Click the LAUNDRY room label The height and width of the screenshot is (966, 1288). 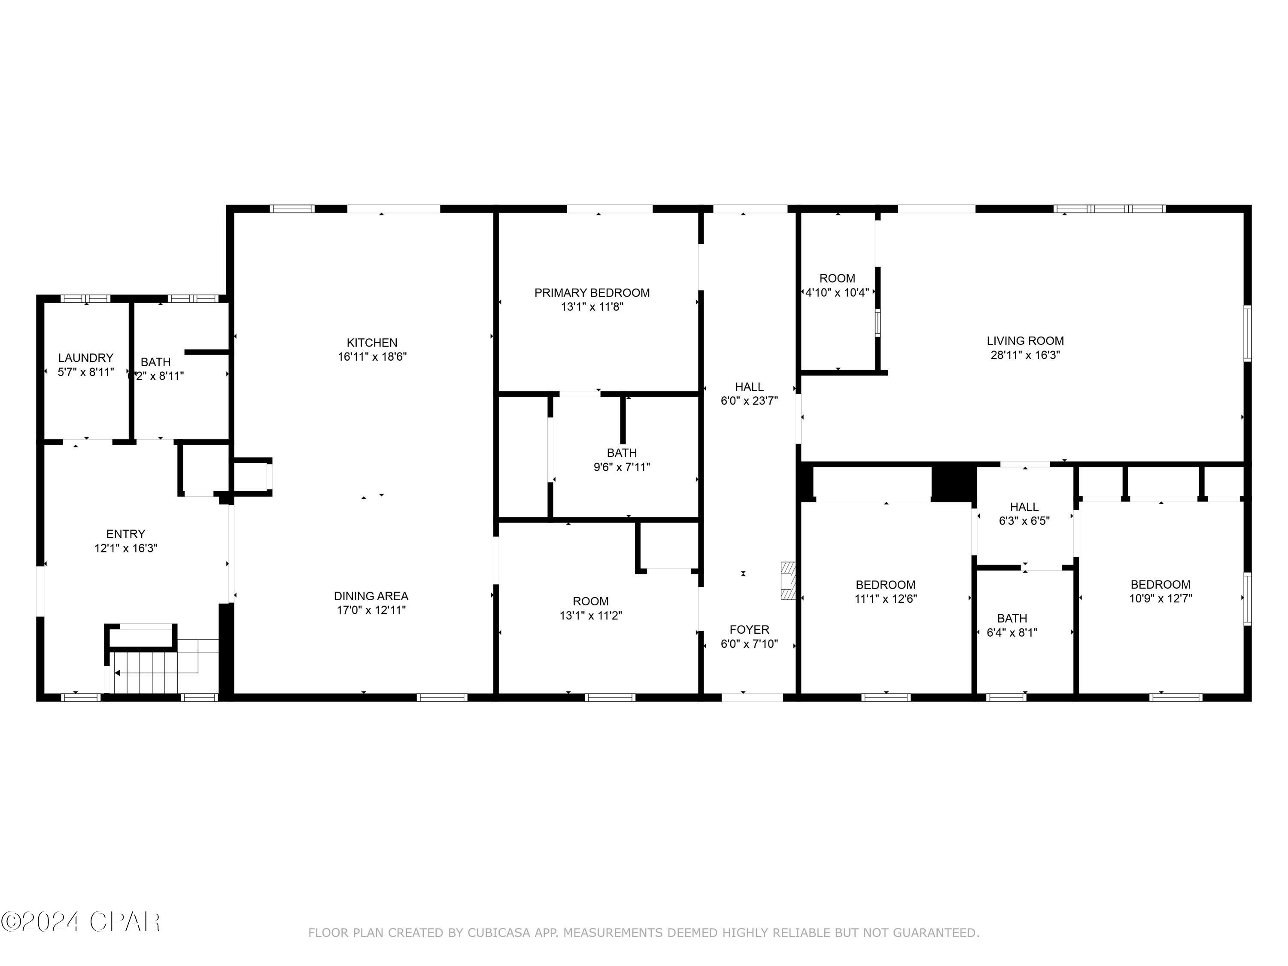pyautogui.click(x=85, y=358)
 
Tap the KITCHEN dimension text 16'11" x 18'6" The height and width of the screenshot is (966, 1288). pyautogui.click(x=372, y=357)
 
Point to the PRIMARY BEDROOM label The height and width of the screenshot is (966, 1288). pyautogui.click(x=592, y=293)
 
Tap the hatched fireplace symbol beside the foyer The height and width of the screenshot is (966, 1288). pyautogui.click(x=788, y=580)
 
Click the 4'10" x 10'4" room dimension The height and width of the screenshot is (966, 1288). pyautogui.click(x=837, y=293)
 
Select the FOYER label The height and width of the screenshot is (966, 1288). pyautogui.click(x=749, y=629)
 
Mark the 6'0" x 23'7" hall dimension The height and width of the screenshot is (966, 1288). pyautogui.click(x=749, y=401)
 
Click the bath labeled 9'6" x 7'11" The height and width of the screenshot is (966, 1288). pyautogui.click(x=621, y=460)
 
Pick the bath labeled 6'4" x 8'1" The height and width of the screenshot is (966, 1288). pyautogui.click(x=1012, y=626)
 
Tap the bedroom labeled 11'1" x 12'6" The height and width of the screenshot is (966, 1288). pyautogui.click(x=885, y=592)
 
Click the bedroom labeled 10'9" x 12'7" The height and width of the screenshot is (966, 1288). pyautogui.click(x=1160, y=592)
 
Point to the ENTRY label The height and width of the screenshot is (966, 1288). pyautogui.click(x=126, y=534)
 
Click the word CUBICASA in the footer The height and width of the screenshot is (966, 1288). pyautogui.click(x=498, y=933)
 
